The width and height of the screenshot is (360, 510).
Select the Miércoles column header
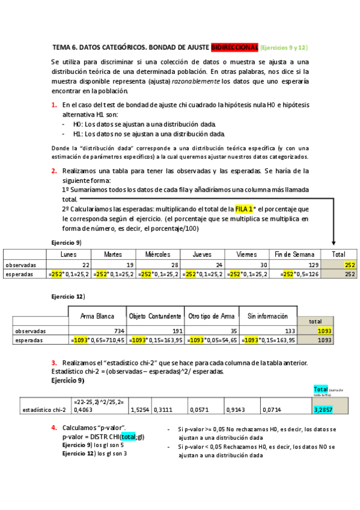pos(157,254)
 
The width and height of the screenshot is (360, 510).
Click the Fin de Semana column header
pos(294,254)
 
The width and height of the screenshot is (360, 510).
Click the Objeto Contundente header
pos(155,316)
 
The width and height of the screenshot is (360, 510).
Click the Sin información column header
pos(267,316)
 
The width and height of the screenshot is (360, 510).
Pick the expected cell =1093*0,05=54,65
pos(210,340)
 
